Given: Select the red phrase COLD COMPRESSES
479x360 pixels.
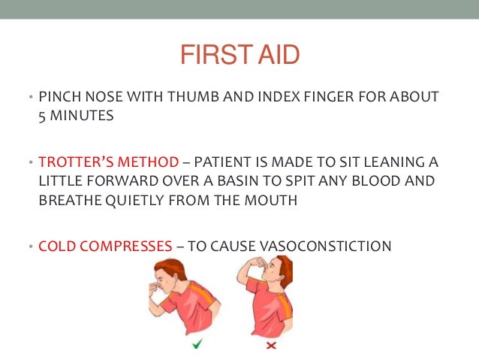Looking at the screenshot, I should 104,247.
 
